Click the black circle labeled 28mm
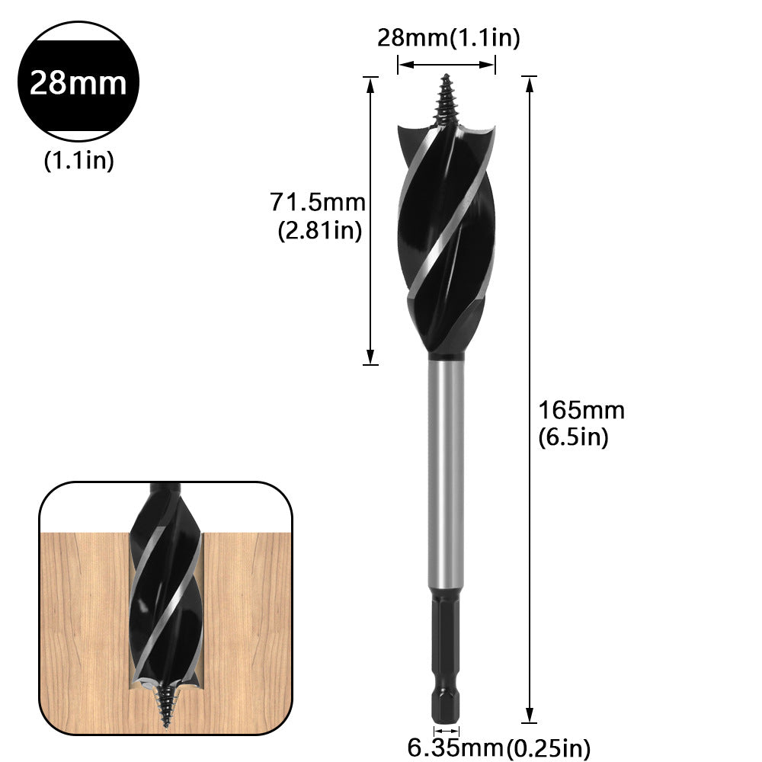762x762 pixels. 78,82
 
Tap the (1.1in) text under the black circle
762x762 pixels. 78,161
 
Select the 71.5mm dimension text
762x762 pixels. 318,203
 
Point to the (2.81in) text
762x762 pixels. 319,231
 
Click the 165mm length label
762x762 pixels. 581,410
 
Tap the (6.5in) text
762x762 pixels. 574,438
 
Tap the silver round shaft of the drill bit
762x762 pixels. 446,472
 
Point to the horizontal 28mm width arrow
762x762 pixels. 447,66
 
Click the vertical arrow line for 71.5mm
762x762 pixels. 370,221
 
